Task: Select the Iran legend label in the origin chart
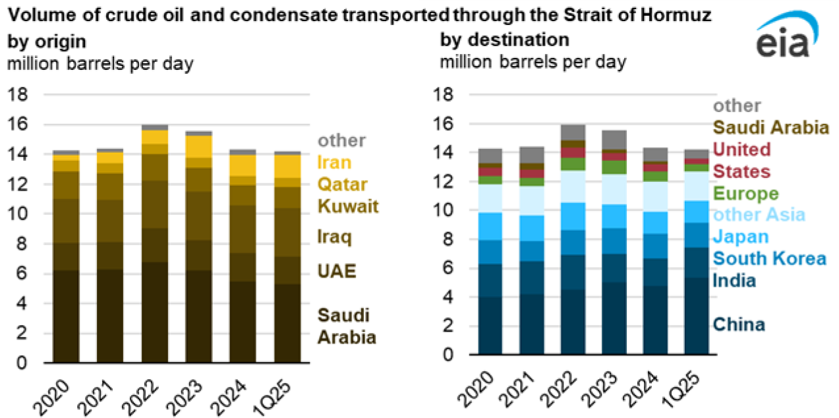pyautogui.click(x=335, y=162)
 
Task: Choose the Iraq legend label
pyautogui.click(x=333, y=237)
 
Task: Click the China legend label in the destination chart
pyautogui.click(x=739, y=324)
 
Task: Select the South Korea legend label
pyautogui.click(x=769, y=258)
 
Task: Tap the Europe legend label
pyautogui.click(x=745, y=194)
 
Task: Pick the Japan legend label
pyautogui.click(x=741, y=237)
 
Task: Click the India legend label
pyautogui.click(x=734, y=281)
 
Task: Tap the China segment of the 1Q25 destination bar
pyautogui.click(x=696, y=316)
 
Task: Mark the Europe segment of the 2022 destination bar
pyautogui.click(x=573, y=164)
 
